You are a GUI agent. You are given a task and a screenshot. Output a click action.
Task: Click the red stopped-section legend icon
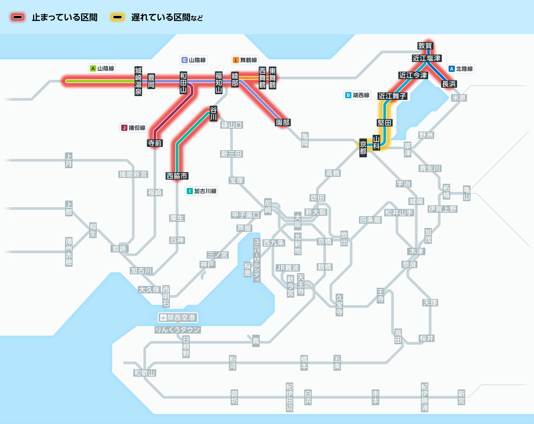tap(18, 17)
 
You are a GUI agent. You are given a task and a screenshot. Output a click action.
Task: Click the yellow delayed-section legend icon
tap(117, 17)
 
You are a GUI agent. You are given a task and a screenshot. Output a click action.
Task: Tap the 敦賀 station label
tap(425, 46)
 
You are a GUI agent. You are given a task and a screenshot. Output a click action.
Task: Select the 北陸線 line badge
tap(461, 69)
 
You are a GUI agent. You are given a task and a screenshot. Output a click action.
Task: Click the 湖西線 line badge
tap(357, 95)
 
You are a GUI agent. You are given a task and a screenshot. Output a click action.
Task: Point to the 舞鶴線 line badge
tap(245, 60)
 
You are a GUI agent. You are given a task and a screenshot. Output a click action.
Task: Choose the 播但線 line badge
tap(133, 128)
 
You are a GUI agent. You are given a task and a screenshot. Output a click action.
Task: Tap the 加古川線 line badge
tap(202, 191)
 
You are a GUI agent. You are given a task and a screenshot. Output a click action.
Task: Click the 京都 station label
tap(363, 148)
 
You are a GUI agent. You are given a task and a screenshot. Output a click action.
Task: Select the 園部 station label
tap(283, 123)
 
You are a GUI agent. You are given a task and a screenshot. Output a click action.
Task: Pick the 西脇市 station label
tap(177, 176)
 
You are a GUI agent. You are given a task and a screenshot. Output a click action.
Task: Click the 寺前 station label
tap(155, 143)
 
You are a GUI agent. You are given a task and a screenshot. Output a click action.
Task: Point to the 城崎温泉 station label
tap(138, 81)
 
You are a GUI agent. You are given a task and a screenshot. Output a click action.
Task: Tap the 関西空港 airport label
tap(178, 317)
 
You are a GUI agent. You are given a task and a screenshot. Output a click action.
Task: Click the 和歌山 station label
tap(144, 373)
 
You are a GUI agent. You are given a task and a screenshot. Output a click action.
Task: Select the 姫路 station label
tap(119, 249)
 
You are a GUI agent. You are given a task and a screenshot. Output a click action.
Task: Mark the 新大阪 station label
tap(316, 212)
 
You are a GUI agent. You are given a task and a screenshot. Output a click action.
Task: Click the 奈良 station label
tap(409, 265)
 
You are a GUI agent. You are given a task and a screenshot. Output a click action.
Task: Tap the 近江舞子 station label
tap(392, 96)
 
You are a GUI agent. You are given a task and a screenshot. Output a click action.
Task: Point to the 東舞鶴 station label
tap(272, 78)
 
